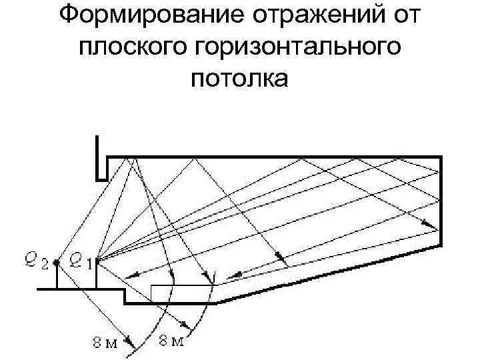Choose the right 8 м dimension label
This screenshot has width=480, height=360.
(x=171, y=342)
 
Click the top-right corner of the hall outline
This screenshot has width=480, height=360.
(x=441, y=157)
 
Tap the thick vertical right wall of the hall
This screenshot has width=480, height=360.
(x=441, y=200)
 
